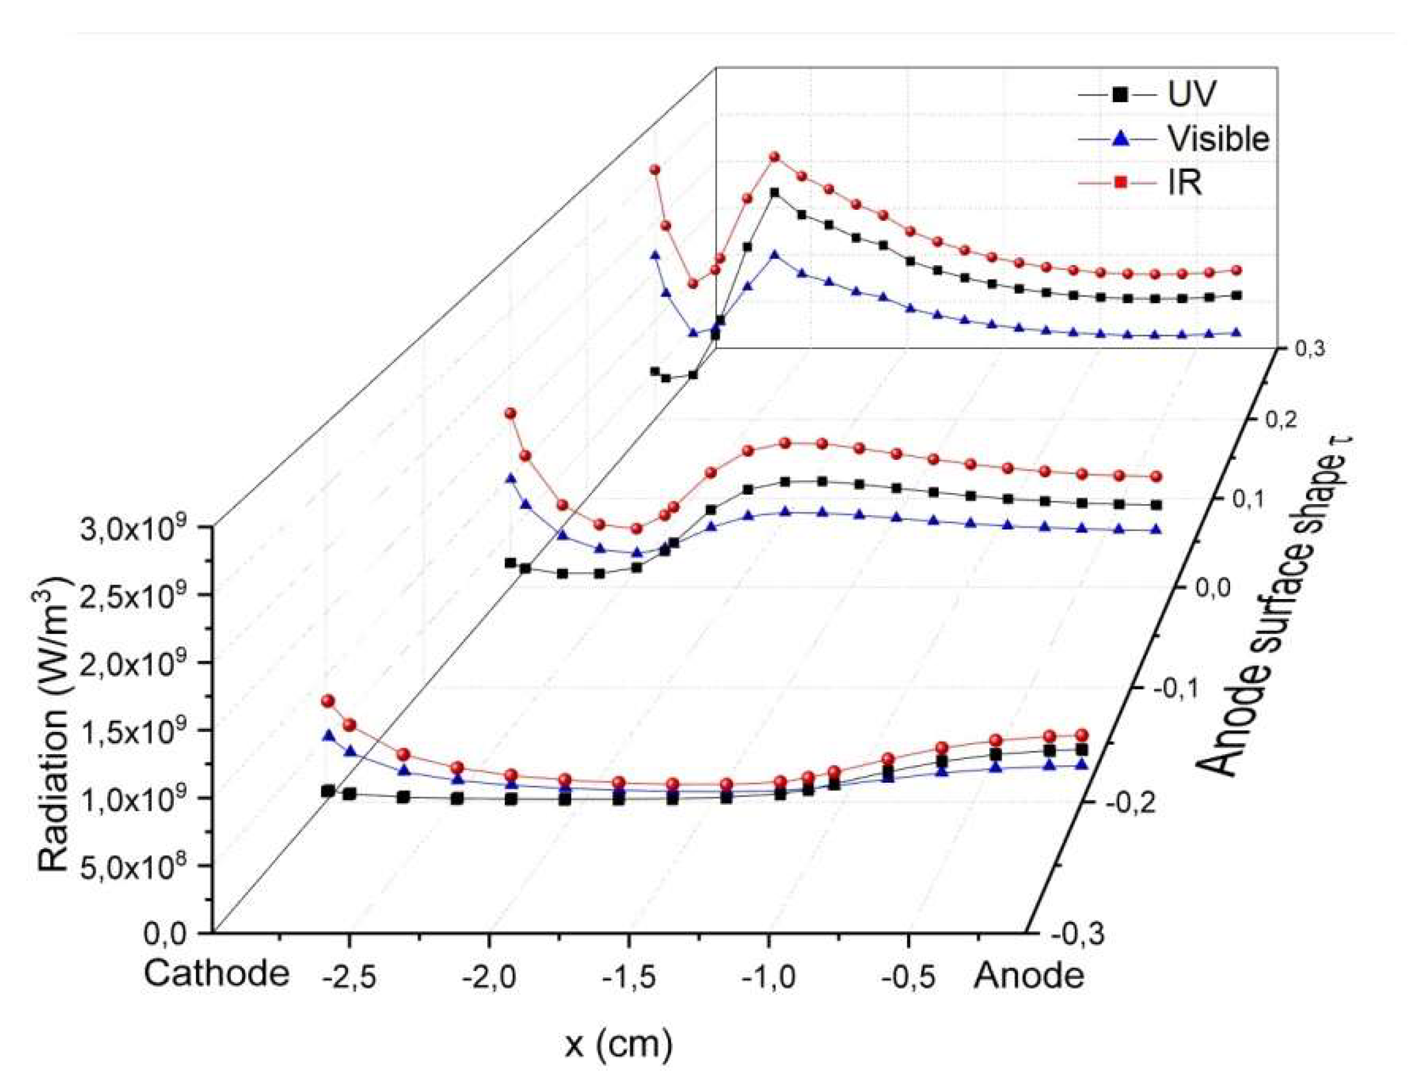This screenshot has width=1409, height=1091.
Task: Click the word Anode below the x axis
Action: point(1028,976)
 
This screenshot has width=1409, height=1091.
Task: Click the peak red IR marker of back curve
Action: point(774,157)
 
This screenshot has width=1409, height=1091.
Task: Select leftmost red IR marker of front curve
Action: point(328,701)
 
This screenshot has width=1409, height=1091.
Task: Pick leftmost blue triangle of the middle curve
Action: point(510,478)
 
